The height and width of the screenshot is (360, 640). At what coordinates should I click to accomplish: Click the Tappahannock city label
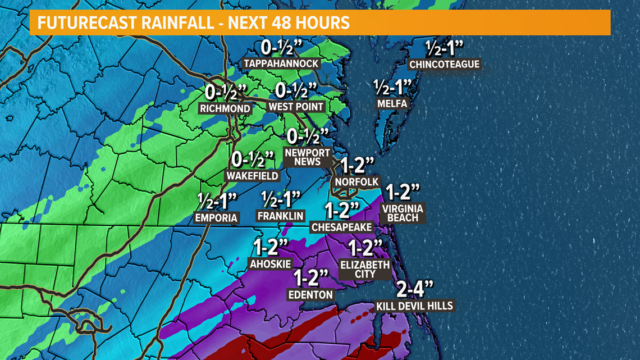282,63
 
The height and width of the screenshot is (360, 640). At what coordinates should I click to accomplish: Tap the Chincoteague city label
444,64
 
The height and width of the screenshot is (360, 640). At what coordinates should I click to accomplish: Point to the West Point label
296,107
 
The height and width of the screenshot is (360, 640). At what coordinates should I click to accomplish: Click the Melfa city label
392,104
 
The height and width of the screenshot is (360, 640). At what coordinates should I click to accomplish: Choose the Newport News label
303,157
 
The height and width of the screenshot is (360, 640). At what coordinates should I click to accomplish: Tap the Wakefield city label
252,176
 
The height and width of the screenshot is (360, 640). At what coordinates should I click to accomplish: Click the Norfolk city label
356,182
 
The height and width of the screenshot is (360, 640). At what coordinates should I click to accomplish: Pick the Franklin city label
280,216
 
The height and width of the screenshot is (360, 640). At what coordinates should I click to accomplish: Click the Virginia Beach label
402,213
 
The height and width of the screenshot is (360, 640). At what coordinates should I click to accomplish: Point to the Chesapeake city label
342,227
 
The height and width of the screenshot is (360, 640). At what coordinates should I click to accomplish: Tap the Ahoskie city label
271,263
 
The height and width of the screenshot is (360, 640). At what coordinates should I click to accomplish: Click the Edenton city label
310,294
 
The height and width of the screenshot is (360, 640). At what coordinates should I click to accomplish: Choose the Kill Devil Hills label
415,306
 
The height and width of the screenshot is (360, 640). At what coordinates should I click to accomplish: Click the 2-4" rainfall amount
415,290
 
